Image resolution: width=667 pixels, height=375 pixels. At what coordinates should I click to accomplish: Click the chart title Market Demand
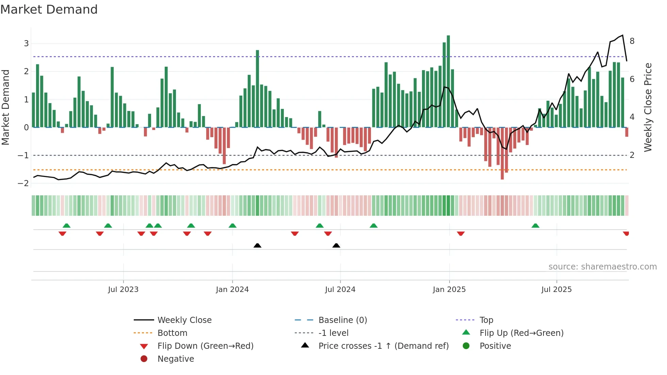tap(49, 10)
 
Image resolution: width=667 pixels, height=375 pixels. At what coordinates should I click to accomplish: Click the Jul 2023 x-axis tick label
tap(123, 290)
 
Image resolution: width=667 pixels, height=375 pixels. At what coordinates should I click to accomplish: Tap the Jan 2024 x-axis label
tap(232, 290)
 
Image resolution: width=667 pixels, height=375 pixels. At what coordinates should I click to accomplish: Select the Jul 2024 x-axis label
tap(340, 290)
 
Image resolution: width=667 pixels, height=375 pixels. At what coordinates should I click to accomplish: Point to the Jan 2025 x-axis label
tap(449, 290)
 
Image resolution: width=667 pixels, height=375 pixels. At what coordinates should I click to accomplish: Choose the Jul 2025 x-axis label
tap(556, 290)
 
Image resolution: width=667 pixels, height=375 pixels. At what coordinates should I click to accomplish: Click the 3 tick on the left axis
tap(26, 44)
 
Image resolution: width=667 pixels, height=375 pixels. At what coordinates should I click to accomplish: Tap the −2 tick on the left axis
tap(23, 183)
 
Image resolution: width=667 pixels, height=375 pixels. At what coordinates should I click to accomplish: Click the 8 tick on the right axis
tap(632, 41)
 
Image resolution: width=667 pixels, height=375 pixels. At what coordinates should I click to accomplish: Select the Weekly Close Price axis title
tap(648, 107)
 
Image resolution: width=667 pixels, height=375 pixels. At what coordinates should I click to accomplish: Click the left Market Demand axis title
tap(6, 107)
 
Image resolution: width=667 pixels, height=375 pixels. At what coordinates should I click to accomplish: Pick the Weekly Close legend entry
tap(184, 320)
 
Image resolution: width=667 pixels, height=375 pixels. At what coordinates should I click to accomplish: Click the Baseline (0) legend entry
tap(342, 320)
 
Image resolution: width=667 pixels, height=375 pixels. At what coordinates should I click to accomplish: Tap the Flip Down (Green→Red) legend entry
tap(205, 346)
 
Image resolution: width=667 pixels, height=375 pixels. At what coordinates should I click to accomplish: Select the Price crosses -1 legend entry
tap(383, 346)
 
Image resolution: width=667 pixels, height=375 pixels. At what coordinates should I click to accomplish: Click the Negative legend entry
tap(176, 359)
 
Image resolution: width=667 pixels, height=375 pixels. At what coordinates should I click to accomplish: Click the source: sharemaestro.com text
tap(602, 267)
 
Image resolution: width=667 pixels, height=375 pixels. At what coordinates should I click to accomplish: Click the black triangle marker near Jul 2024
tap(336, 246)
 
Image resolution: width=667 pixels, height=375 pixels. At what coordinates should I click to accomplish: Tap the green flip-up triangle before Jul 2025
tap(535, 226)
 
